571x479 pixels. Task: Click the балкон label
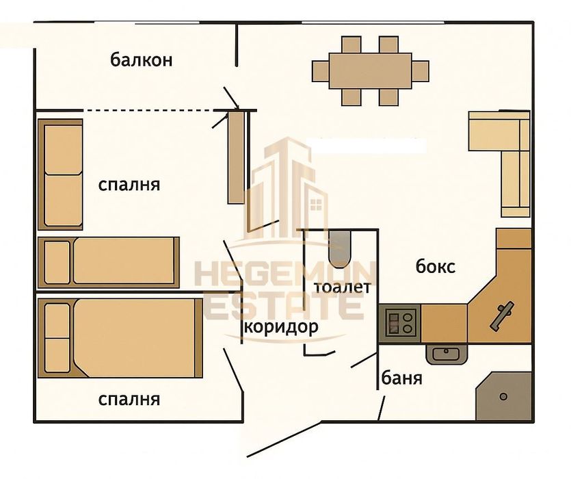pos(141,60)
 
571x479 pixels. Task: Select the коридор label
pos(281,326)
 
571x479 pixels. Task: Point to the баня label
pos(401,378)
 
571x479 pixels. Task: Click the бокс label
pos(436,267)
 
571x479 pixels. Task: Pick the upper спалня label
pos(129,185)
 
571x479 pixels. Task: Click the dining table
pos(371,70)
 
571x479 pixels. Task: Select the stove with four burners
pos(400,322)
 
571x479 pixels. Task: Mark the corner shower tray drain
pos(503,397)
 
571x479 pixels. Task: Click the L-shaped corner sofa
pos(506,157)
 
